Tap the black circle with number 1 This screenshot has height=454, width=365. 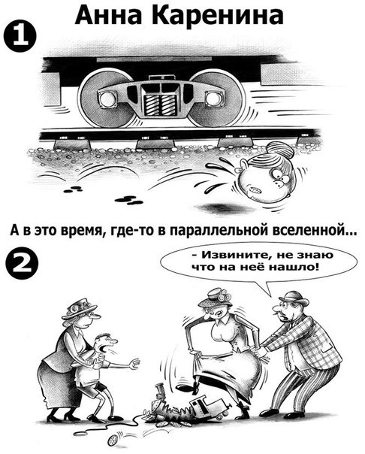pos(20,38)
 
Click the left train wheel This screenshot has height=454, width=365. pos(107,98)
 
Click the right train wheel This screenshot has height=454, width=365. pos(218,98)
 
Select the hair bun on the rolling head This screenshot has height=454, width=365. pos(280,151)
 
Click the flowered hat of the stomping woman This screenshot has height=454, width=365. pos(216,297)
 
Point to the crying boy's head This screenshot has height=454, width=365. pos(106,344)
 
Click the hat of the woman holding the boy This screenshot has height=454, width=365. pos(80,309)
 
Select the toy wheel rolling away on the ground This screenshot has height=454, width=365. pos(112,440)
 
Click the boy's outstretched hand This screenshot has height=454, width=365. pos(134,364)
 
